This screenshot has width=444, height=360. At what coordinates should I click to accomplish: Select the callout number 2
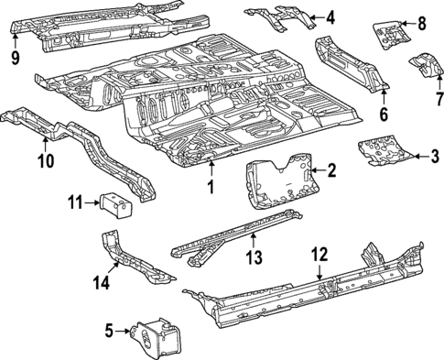[x=332, y=169]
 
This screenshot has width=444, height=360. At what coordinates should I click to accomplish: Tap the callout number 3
[x=435, y=156]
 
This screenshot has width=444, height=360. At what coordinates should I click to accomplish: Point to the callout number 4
[x=330, y=16]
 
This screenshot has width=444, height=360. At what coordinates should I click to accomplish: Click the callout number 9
[x=15, y=59]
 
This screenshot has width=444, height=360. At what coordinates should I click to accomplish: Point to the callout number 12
[x=319, y=254]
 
